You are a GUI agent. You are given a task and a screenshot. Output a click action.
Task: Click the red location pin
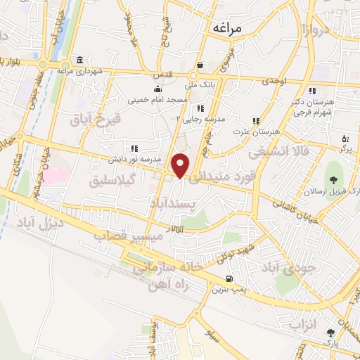[181, 165]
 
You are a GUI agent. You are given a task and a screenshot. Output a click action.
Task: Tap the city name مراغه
[226, 27]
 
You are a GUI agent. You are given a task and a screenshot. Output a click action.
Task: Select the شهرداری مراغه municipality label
[81, 71]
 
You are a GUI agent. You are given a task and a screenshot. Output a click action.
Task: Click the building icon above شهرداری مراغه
[81, 60]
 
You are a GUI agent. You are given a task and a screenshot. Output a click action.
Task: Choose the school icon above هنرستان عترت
[257, 121]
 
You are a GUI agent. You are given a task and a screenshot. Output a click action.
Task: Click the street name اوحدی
[275, 82]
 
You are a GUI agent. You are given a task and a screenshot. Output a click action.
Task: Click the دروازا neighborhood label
[313, 30]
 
